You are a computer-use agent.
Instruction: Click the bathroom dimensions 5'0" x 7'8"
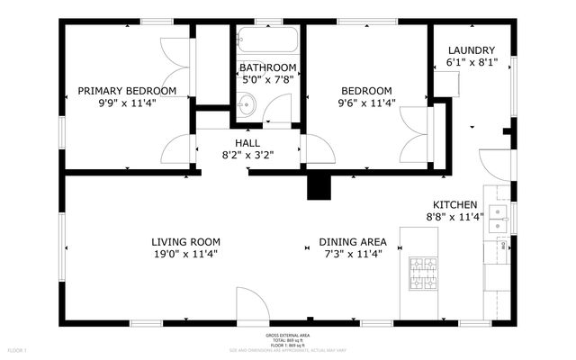click(267, 80)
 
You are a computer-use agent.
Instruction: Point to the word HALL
click(247, 143)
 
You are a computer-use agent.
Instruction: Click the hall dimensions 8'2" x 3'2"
click(247, 155)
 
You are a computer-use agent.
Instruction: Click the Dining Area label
click(353, 242)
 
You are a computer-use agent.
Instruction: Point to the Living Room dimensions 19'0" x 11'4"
click(185, 254)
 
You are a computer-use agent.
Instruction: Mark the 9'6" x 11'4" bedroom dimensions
click(365, 103)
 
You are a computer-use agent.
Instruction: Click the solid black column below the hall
click(319, 186)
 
